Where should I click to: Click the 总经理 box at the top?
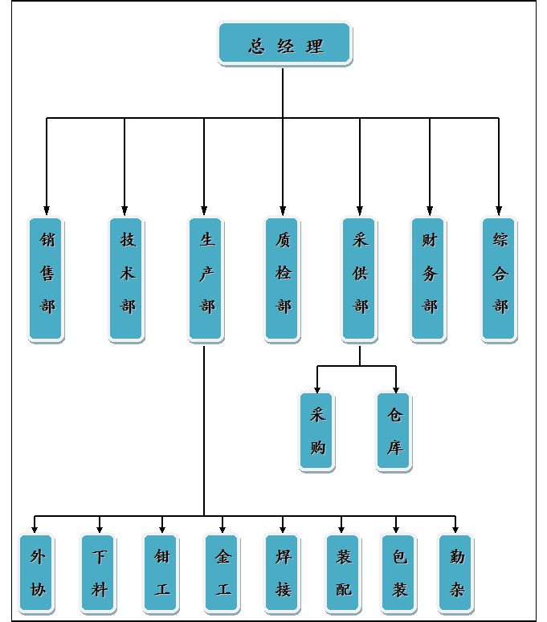pos(284,43)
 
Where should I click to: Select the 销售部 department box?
pos(46,278)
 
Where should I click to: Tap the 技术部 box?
pos(126,278)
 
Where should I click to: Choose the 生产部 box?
pos(206,278)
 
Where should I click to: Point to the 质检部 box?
pos(283,278)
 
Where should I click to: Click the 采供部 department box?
pos(359,278)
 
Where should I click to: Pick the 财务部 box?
pos(429,278)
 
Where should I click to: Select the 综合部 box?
pos(499,278)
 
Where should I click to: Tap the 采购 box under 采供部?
pos(316,430)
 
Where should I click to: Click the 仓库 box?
pos(394,430)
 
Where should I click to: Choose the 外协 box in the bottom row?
pos(36,573)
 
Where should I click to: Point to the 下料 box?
pos(99,573)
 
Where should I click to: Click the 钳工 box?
pos(161,573)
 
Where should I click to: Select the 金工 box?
pos(222,573)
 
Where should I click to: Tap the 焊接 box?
pos(282,573)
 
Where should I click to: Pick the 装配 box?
pos(343,573)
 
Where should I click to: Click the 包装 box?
pos(398,573)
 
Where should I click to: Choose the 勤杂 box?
pos(455,573)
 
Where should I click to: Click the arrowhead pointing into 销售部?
pos(47,211)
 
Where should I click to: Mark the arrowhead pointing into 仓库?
pos(396,387)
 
